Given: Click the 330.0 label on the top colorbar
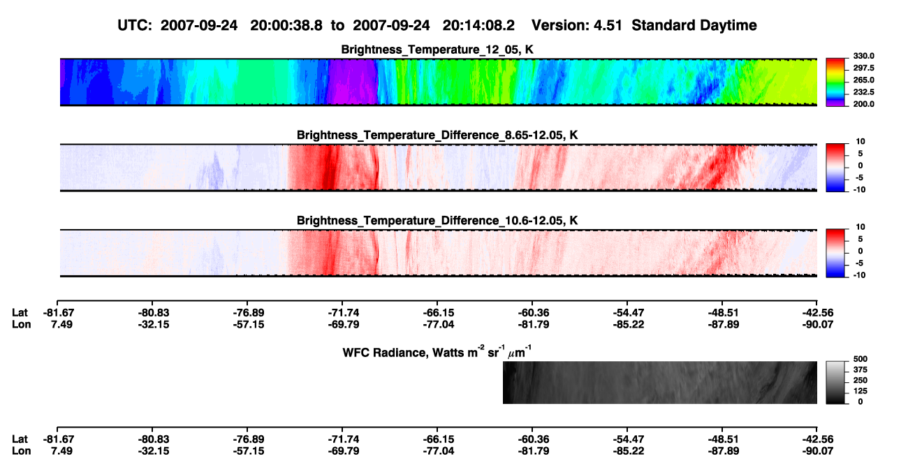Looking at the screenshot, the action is [863, 56].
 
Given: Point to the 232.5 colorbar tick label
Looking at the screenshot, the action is [863, 92].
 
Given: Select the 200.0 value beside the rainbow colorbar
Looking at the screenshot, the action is [863, 104].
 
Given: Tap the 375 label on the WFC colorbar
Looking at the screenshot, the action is [861, 370].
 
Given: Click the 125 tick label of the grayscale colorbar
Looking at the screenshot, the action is [861, 391].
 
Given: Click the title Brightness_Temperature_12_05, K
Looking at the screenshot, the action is [437, 50].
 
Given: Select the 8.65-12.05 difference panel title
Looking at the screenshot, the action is [437, 135].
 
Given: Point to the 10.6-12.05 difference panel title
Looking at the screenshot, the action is [437, 221].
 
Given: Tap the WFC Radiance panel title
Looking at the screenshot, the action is [437, 351].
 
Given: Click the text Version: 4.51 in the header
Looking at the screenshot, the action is [577, 26].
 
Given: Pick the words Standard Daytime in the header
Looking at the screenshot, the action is [694, 26].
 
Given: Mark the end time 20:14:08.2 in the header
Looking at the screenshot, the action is [478, 26].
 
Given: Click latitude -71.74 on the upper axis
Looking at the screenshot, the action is [344, 313].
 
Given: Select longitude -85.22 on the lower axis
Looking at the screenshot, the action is [629, 451].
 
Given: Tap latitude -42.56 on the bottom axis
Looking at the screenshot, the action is [818, 439].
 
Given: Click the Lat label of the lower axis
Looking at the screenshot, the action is [20, 439].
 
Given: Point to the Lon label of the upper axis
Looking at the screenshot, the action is [22, 325].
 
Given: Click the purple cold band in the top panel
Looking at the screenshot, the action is [352, 82].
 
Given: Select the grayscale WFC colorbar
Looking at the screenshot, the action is [836, 382].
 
